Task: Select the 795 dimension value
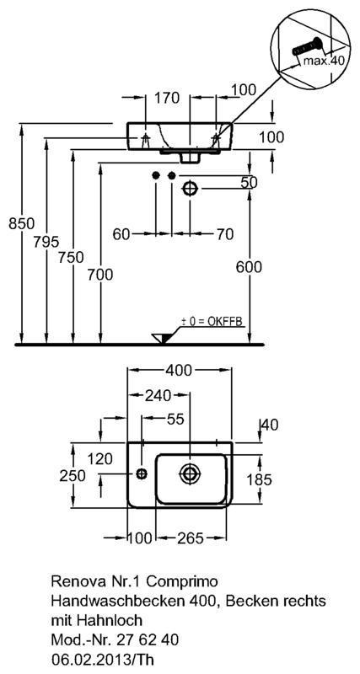coord(46,242)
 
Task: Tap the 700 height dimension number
coord(99,274)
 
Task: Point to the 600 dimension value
coord(249,267)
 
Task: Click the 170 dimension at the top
coord(166,99)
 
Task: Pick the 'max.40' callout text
coord(324,61)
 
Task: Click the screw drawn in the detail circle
coord(306,46)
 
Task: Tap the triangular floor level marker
coord(160,339)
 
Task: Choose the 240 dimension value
coord(159,394)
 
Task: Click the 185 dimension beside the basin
coord(259,479)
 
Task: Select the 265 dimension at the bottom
coord(189,537)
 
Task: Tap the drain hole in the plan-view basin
coord(189,473)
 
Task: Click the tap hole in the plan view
coord(142,474)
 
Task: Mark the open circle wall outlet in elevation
coord(189,188)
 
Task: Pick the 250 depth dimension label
coord(85,476)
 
